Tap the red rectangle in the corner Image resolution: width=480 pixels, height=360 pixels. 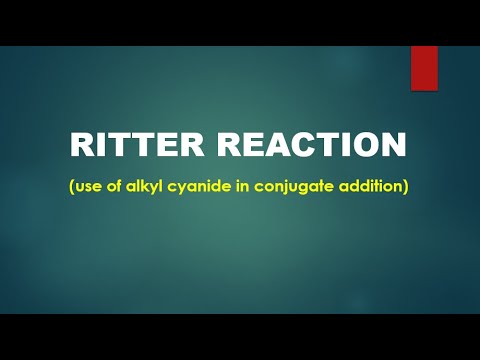[x=425, y=69]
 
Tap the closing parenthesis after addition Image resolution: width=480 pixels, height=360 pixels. [x=406, y=187]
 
